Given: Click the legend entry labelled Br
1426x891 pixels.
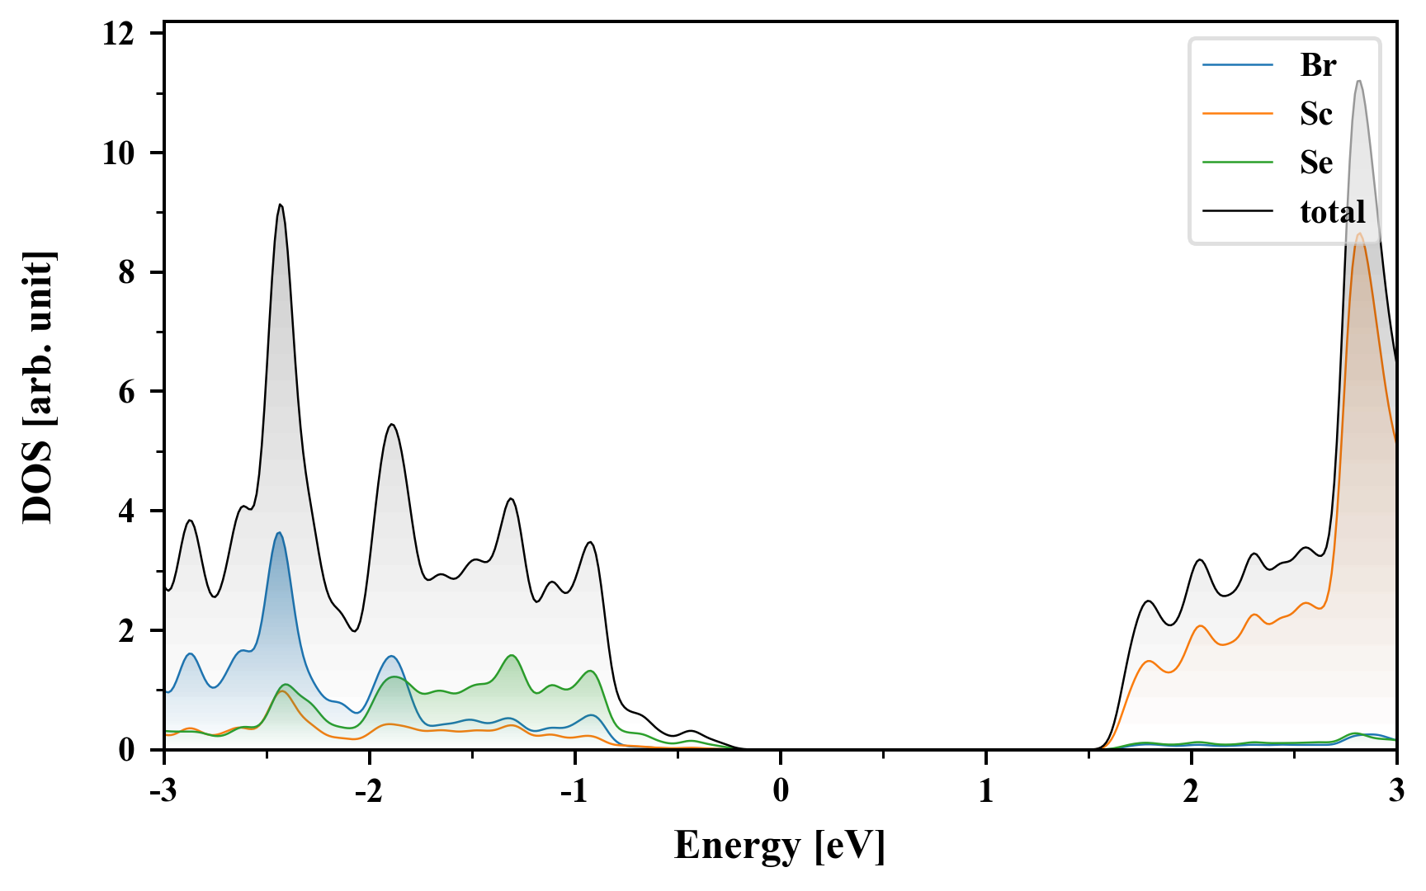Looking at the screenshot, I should pos(1317,65).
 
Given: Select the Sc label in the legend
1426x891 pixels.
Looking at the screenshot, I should pos(1315,114).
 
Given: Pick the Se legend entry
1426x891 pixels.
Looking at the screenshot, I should pos(1315,163).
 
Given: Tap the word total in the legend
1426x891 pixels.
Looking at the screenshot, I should pos(1332,212).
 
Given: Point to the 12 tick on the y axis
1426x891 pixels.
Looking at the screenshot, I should pos(119,34).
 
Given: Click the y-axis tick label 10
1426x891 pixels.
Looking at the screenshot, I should pos(119,153).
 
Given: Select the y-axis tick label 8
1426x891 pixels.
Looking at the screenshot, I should pos(126,272).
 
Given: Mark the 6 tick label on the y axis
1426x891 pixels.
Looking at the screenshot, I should pos(126,392).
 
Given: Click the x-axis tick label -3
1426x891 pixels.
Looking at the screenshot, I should pos(164,791).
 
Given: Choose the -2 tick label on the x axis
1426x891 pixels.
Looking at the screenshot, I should pos(369,791).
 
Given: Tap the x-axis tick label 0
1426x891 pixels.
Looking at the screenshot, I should pos(781,791).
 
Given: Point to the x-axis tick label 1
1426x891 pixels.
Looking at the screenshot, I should pos(985,791).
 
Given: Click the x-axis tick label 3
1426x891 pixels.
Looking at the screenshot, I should pos(1396,791).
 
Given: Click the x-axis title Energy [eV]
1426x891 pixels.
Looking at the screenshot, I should pos(779,846).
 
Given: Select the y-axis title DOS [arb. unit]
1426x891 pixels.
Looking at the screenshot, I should pos(37,388).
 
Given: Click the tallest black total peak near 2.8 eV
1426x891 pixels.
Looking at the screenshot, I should pos(1358,81).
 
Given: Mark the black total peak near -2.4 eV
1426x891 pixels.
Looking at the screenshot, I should pos(281,205).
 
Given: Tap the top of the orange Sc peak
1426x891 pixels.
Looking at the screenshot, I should pos(1359,234).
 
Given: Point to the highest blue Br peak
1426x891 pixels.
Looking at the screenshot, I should pos(279,533).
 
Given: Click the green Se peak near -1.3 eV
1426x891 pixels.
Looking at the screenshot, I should pos(512,656).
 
